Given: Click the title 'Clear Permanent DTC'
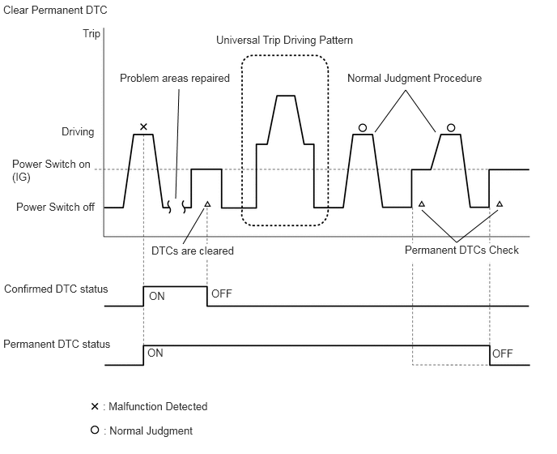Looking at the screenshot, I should tap(55, 10).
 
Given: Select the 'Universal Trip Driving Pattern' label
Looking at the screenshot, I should tap(285, 40).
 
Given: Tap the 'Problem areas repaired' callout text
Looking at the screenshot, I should tap(175, 79).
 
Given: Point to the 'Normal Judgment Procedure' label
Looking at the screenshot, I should tap(415, 79).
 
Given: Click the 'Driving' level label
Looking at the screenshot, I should tap(78, 131).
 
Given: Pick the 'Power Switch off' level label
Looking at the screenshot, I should tap(55, 207).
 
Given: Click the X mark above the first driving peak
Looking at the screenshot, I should tap(143, 126).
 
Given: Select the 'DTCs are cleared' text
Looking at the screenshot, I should tap(193, 251).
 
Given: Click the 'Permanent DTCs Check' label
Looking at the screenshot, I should tap(461, 251).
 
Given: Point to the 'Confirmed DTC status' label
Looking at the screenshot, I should tap(56, 289).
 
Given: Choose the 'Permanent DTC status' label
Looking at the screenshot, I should tap(57, 345).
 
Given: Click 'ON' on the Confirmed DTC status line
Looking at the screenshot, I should tap(157, 297).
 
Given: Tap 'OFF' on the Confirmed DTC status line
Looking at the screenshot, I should tap(221, 293).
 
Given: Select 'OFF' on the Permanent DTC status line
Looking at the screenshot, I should tap(503, 354).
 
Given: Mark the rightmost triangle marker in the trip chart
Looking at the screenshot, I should tap(500, 203).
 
